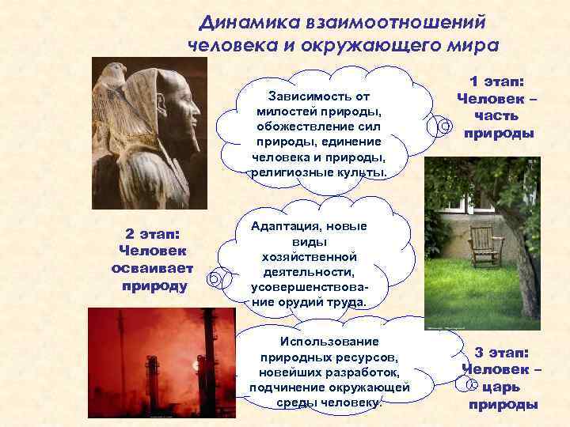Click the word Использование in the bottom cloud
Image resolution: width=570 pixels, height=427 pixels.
click(329, 342)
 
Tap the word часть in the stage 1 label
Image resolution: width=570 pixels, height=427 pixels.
click(498, 116)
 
